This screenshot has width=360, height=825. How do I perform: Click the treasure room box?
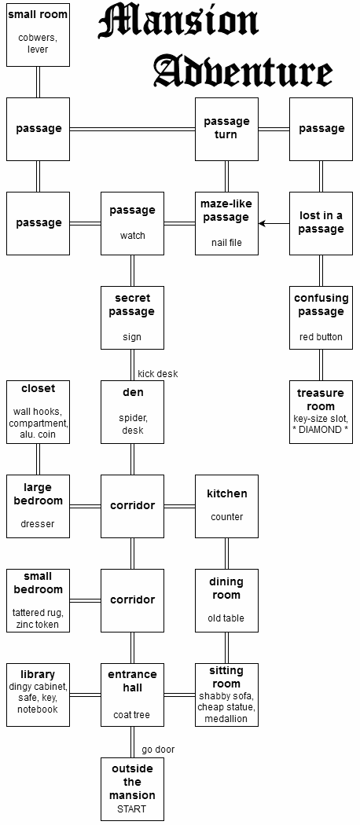point(321,412)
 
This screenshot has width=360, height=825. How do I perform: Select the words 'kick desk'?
point(158,374)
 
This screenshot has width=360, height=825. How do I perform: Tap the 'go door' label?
point(158,750)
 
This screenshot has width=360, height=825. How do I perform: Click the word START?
point(132,808)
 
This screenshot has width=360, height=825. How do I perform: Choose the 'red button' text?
point(321,337)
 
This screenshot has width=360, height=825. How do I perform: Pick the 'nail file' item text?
point(227,243)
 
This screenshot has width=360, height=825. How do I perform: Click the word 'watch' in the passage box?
point(133,236)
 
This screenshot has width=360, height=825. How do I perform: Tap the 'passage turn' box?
point(227,129)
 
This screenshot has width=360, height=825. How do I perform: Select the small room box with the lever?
point(38,35)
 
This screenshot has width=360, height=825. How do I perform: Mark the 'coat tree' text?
point(132,715)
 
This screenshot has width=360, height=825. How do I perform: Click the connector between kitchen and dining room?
point(227,553)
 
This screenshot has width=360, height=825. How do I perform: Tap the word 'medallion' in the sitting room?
point(226,719)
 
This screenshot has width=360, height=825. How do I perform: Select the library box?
point(38,695)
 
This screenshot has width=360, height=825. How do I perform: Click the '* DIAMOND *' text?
point(321,430)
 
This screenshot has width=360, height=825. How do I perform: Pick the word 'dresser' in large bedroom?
point(38,524)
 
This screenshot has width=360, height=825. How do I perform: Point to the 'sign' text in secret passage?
point(132,337)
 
